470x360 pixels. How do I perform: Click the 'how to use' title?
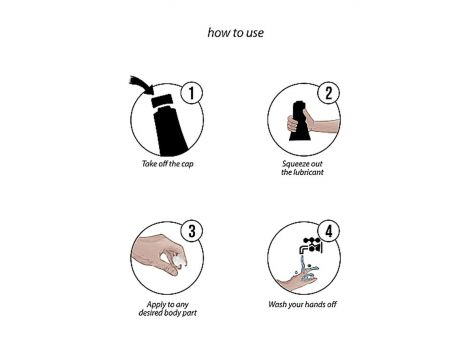(x=236, y=33)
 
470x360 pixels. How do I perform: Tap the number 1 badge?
(x=192, y=93)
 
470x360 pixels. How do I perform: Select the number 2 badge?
(x=329, y=93)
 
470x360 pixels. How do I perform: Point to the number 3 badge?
(x=192, y=231)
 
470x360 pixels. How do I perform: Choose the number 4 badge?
(x=329, y=231)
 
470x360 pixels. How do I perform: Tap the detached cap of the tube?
(x=162, y=101)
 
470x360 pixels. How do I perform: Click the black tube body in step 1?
(x=170, y=131)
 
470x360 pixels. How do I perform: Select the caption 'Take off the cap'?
(x=168, y=164)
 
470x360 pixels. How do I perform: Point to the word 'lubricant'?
(x=307, y=172)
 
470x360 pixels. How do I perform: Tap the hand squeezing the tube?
(x=313, y=123)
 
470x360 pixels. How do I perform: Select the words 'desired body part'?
(x=168, y=313)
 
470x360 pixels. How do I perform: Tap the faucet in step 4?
(x=311, y=246)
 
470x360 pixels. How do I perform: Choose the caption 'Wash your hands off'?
(x=302, y=304)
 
